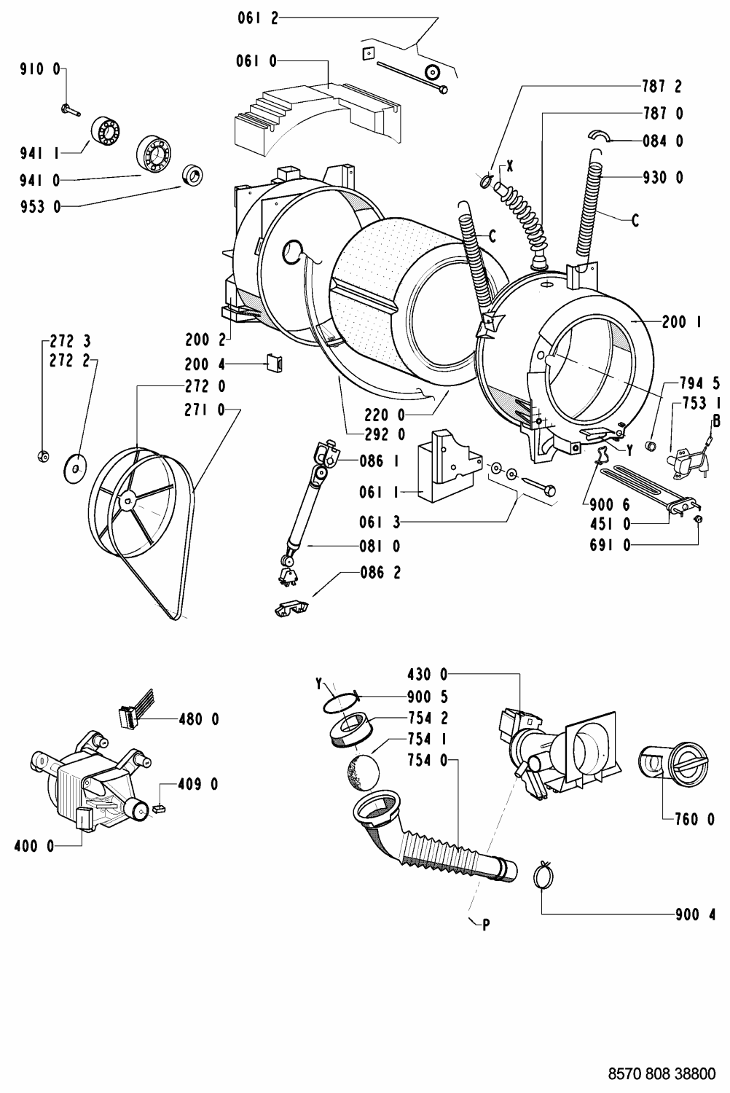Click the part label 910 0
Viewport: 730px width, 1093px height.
pyautogui.click(x=39, y=69)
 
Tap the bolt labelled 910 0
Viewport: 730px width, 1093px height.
pyautogui.click(x=71, y=110)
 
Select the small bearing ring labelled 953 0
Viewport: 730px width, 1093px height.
pyautogui.click(x=193, y=176)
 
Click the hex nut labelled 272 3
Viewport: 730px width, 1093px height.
pyautogui.click(x=43, y=456)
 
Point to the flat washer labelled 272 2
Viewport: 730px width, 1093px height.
pyautogui.click(x=74, y=469)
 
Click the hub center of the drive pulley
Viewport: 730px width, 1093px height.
pyautogui.click(x=127, y=500)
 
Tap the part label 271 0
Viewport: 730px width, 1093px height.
pyautogui.click(x=205, y=410)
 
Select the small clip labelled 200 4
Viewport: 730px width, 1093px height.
pyautogui.click(x=274, y=363)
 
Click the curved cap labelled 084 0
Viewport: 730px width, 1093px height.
pyautogui.click(x=599, y=136)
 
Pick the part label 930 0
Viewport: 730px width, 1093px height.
pyautogui.click(x=663, y=177)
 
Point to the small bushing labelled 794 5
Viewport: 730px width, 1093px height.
pyautogui.click(x=651, y=445)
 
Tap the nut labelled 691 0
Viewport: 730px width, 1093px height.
pyautogui.click(x=697, y=520)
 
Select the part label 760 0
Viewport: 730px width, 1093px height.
pyautogui.click(x=695, y=819)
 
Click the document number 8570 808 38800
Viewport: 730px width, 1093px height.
pyautogui.click(x=662, y=1073)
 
